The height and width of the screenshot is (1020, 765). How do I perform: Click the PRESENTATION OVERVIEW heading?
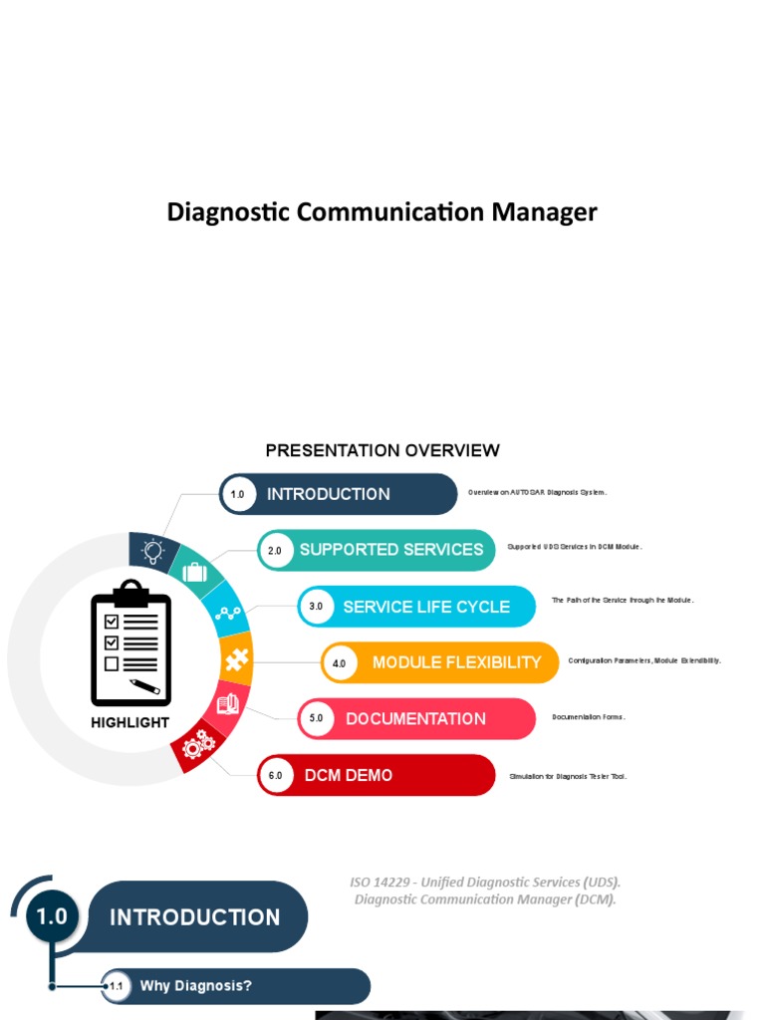point(382,451)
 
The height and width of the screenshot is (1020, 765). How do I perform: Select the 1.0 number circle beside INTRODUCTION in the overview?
point(237,494)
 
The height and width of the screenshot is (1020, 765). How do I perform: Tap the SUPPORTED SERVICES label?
point(391,550)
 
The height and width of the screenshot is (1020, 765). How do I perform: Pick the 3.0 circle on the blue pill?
point(316,607)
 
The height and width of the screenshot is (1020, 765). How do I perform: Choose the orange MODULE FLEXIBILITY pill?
point(456,662)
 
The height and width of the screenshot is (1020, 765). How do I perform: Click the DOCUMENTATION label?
point(415,719)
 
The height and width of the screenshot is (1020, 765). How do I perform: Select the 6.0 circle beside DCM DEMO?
point(276,776)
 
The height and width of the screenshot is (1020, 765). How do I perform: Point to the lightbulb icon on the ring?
point(152,551)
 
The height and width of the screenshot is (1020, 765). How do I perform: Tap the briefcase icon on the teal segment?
point(195,572)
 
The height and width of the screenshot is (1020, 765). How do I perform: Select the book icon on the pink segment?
point(228,704)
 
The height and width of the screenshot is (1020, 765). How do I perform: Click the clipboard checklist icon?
point(130,641)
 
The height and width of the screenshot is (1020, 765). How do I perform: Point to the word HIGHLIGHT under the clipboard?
point(130,723)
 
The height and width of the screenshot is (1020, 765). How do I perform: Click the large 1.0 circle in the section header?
point(52,915)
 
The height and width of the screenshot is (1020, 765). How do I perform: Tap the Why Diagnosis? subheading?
point(196,986)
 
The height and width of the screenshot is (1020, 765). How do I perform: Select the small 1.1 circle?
point(117,987)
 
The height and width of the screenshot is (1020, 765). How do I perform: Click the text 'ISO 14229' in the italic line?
point(381,883)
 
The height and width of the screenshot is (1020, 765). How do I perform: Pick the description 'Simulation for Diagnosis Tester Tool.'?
point(568,776)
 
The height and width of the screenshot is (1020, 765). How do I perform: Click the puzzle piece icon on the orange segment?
point(236,659)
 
